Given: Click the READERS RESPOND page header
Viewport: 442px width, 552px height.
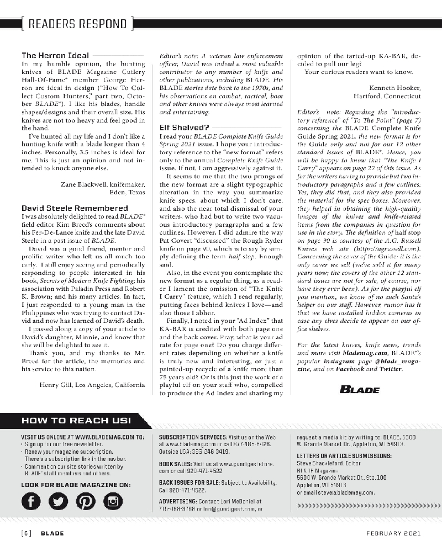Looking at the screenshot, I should [x=77, y=24].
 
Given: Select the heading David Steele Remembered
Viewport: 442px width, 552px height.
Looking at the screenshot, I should [x=75, y=208].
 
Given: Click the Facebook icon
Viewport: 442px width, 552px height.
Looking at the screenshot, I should [x=32, y=501].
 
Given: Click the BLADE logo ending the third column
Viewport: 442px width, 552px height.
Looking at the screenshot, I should [x=359, y=389].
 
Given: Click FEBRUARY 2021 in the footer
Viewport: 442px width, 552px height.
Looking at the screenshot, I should [x=393, y=533].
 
